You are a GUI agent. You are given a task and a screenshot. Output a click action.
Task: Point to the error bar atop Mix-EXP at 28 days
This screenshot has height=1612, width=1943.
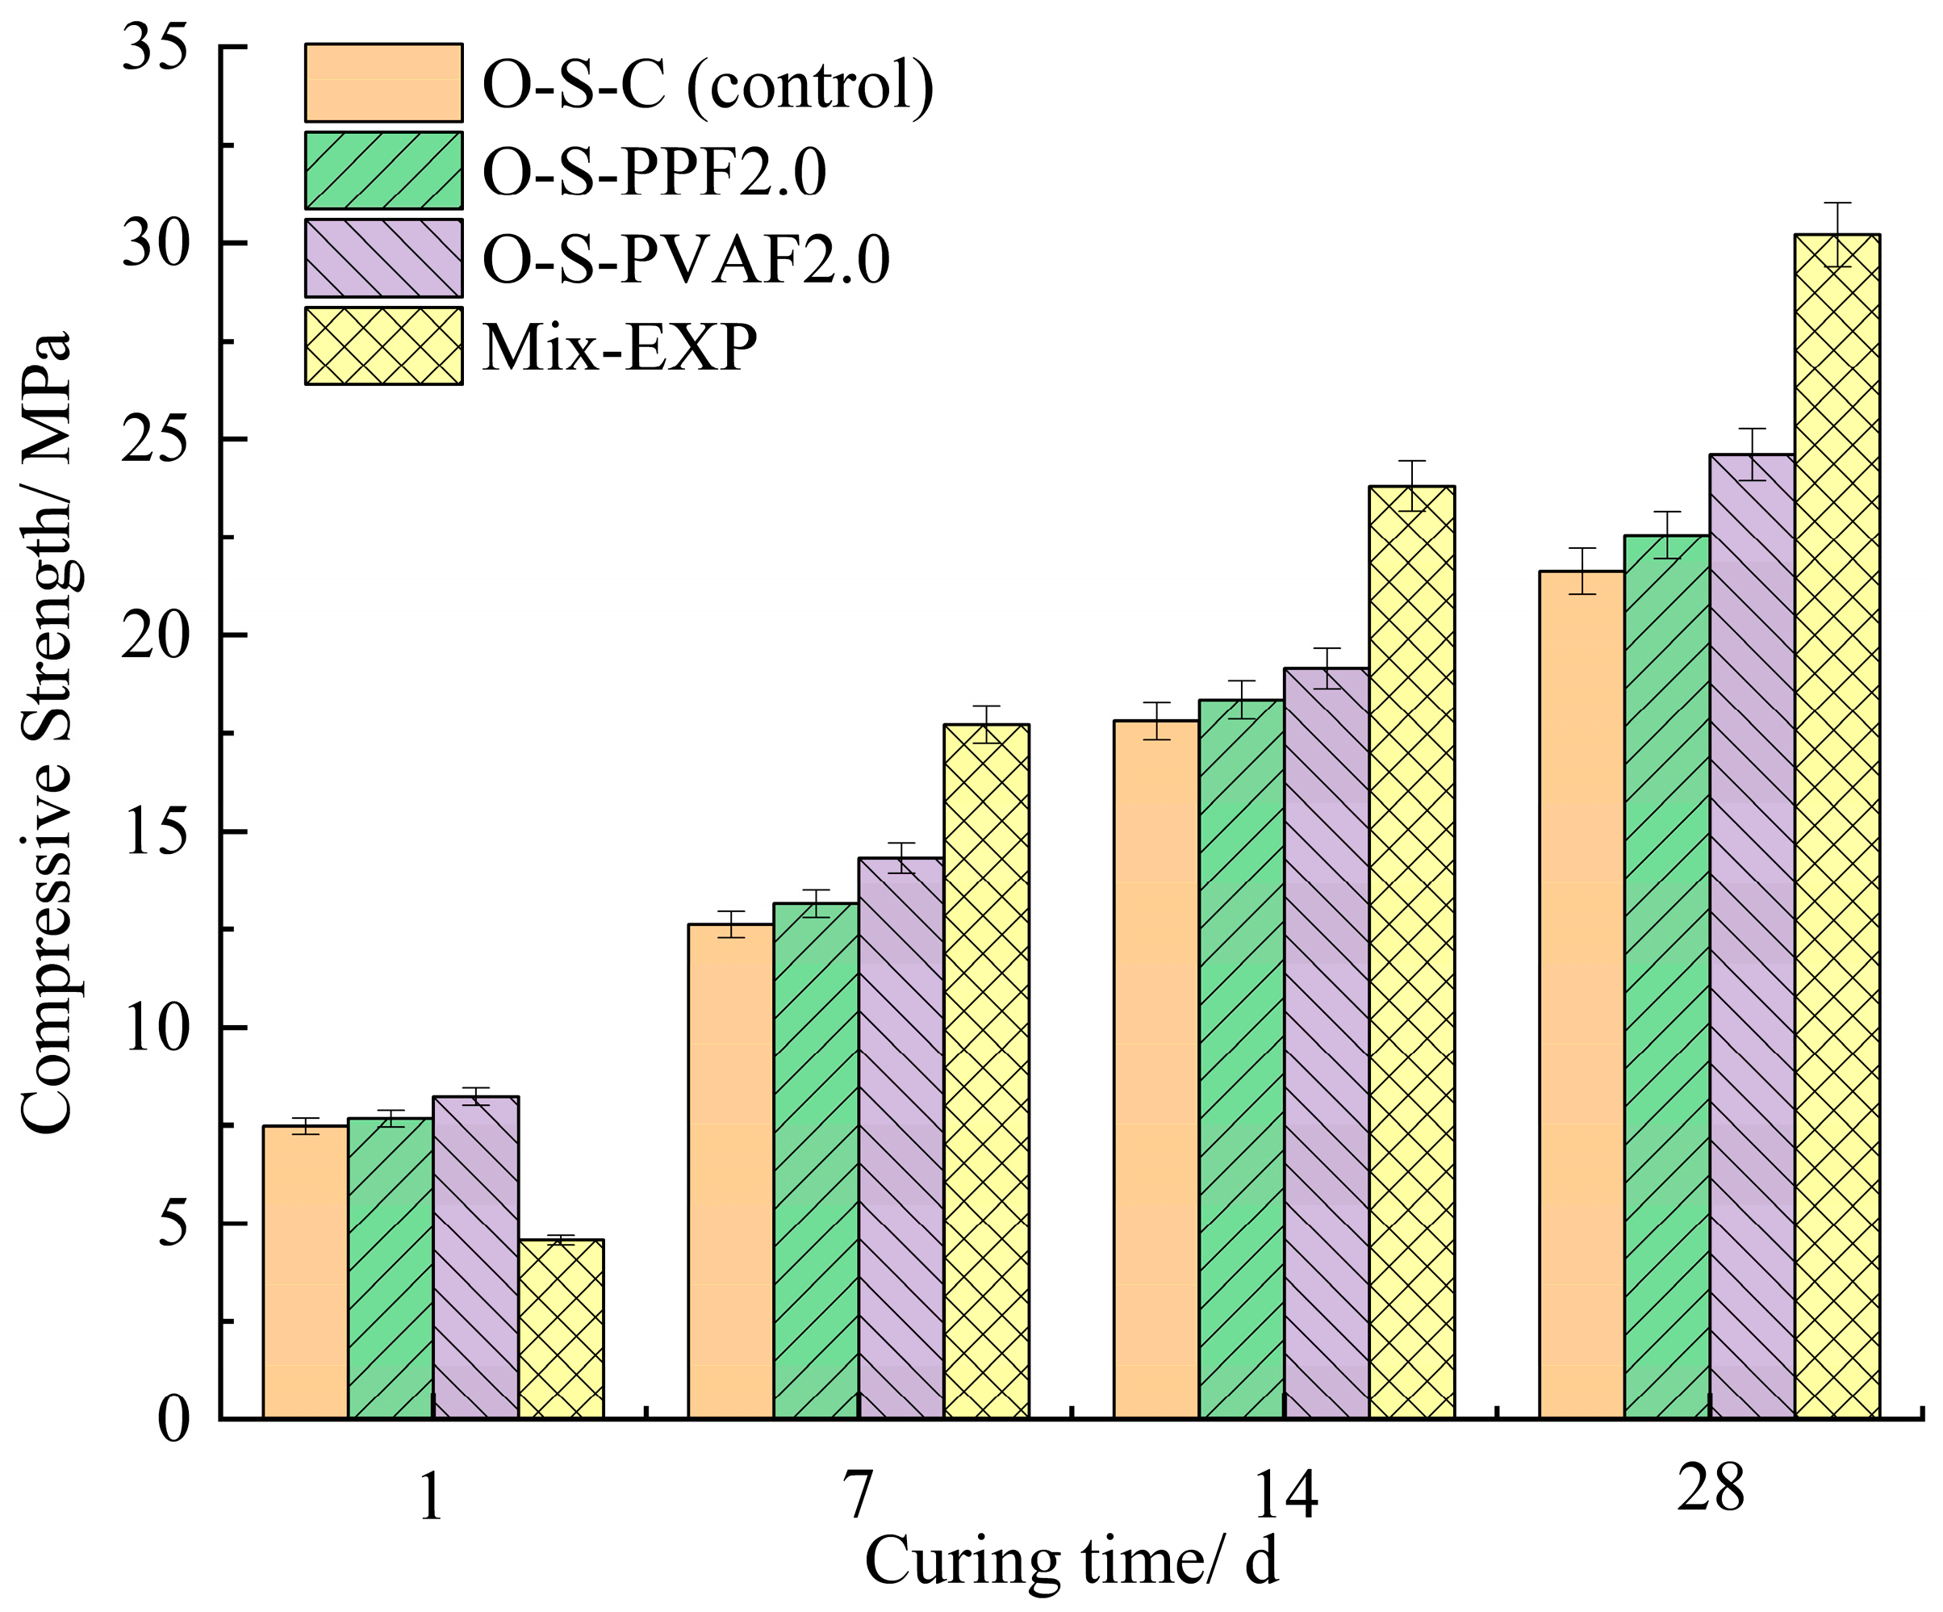[1836, 234]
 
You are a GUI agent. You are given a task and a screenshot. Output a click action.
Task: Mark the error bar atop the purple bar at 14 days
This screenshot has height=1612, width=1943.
[1327, 668]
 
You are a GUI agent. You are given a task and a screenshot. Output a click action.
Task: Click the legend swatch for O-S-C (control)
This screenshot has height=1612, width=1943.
[383, 82]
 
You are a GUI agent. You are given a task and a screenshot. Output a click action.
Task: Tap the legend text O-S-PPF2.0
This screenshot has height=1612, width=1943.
[654, 171]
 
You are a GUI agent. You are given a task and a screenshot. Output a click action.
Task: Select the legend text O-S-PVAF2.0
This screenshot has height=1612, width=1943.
[686, 259]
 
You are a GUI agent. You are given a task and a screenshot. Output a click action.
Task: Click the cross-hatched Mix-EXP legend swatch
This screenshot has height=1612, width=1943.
[383, 346]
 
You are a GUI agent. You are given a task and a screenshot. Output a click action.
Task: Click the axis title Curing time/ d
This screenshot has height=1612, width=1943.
[1071, 1562]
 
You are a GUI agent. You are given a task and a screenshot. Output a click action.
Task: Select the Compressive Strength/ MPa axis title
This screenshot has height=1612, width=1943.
[46, 731]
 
